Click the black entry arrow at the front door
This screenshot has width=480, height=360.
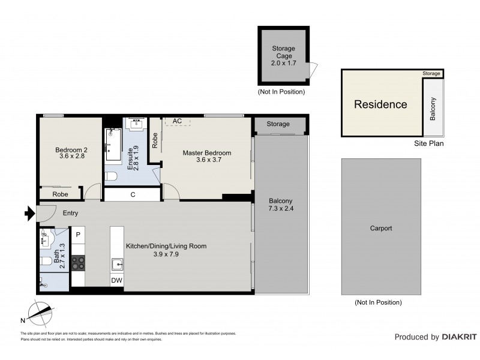(28, 212)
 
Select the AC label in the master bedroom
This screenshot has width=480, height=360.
(177, 121)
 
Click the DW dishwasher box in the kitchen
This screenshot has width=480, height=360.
(116, 280)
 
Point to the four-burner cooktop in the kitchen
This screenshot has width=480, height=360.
(79, 262)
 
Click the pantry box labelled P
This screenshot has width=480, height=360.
(78, 234)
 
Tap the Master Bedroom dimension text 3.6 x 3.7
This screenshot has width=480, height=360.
(206, 160)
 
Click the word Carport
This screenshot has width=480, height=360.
(380, 229)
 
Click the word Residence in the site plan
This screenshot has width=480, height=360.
(380, 104)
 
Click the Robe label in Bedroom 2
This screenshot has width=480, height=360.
(59, 194)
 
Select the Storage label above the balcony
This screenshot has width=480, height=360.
(278, 124)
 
